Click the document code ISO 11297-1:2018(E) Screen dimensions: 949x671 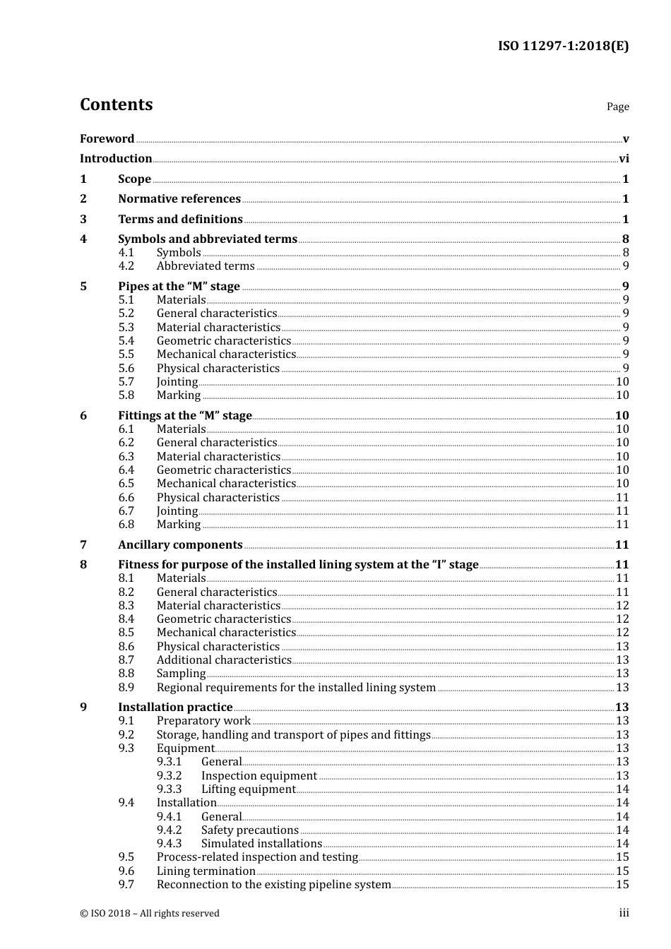point(563,46)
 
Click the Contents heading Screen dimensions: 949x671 point(116,105)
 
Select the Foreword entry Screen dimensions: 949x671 point(107,138)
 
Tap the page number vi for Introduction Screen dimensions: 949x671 point(624,158)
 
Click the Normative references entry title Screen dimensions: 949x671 point(179,198)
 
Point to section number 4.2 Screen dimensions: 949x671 point(126,265)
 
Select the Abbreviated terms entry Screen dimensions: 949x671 point(206,265)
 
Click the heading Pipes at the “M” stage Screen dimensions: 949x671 point(179,286)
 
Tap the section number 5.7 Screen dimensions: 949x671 point(126,381)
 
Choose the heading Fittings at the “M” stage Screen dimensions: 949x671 point(184,415)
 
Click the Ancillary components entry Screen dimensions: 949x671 point(180,544)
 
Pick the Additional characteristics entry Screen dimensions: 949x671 point(224,659)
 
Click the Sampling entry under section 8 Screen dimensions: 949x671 point(181,673)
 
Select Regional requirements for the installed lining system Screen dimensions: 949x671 point(296,687)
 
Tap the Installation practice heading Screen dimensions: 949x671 point(175,707)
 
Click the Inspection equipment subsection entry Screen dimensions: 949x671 point(259,775)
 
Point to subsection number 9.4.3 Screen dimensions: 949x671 point(169,843)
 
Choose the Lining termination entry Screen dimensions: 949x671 point(206,871)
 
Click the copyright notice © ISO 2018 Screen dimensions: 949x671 point(150,913)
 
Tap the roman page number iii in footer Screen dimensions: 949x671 point(624,912)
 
